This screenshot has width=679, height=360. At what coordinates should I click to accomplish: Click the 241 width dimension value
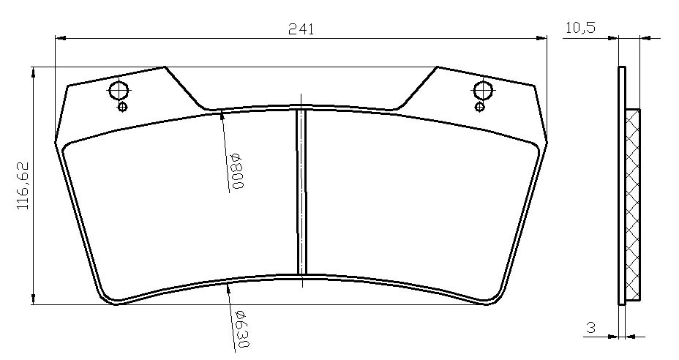click(301, 29)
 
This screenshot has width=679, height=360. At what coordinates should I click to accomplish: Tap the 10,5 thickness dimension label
click(580, 28)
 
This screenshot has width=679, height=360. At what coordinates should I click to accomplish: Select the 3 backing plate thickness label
click(590, 328)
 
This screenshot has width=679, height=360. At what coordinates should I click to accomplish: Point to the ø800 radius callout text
click(238, 170)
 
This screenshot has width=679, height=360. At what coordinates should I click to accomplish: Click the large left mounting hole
click(119, 91)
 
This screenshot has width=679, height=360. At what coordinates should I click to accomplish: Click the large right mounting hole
click(483, 91)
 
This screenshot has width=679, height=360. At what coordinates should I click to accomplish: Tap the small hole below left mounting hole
click(122, 107)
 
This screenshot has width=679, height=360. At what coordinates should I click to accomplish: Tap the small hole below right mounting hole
click(479, 107)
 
